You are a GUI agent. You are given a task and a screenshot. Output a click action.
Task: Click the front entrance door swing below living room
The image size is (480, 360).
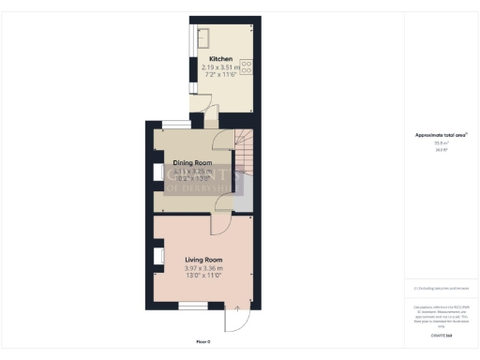tap(239, 322)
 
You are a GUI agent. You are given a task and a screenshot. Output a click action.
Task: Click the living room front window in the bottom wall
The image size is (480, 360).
tap(193, 307)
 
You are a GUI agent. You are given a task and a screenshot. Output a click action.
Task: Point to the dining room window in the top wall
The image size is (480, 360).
tap(175, 123)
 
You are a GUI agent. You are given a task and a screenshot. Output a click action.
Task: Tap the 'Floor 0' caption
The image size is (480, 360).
tap(203, 341)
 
